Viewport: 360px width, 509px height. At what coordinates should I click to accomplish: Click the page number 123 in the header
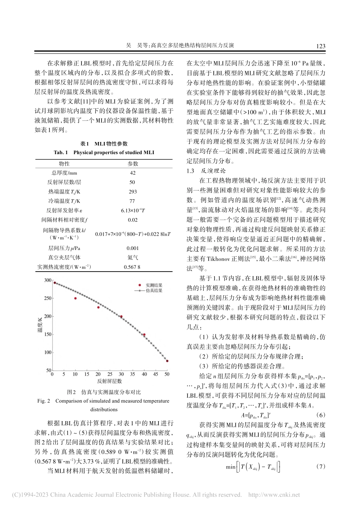pos(320,46)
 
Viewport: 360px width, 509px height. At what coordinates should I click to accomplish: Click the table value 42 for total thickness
pos(133,173)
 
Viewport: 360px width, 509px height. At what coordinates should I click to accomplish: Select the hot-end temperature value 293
pos(133,192)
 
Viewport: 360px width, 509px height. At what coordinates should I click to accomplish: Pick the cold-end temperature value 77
pos(132,201)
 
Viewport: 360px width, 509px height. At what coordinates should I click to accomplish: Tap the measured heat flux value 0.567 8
pos(132,267)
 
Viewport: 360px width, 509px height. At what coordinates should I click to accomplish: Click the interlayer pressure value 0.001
pos(133,248)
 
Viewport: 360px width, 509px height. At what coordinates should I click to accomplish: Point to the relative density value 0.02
pos(133,220)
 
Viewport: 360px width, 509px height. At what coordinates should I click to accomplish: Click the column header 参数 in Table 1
pos(133,164)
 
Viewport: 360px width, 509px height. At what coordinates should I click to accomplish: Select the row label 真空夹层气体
pos(64,258)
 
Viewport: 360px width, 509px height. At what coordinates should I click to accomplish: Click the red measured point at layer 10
pos(75,298)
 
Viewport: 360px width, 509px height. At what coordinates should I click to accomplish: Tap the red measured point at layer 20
pos(98,307)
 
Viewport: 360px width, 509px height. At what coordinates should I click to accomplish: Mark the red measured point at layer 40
pos(144,335)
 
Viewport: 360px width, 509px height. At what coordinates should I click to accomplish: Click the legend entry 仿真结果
pos(154,290)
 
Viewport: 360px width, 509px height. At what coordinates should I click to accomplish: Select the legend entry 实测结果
pos(154,285)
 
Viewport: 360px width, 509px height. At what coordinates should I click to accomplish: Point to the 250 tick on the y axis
pos(47,298)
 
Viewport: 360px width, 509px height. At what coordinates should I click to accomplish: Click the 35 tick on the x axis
pos(133,375)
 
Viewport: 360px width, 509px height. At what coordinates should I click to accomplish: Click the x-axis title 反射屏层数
pos(110,381)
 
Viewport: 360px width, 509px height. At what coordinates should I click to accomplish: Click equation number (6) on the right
pos(321,415)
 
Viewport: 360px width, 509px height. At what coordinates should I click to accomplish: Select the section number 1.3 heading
pos(191,171)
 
